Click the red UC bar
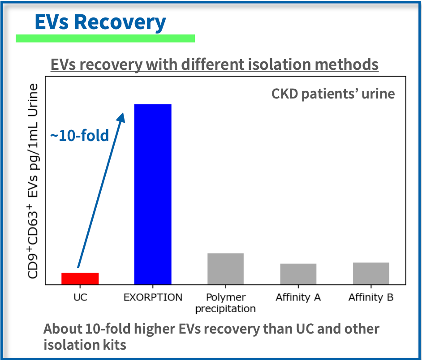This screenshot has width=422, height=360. pyautogui.click(x=80, y=279)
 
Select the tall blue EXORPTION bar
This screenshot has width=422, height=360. pyautogui.click(x=153, y=194)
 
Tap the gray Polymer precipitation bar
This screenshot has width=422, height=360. pyautogui.click(x=225, y=269)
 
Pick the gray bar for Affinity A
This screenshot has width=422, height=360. pyautogui.click(x=298, y=274)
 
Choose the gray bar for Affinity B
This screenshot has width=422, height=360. pyautogui.click(x=371, y=274)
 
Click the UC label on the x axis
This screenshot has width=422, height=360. pyautogui.click(x=80, y=297)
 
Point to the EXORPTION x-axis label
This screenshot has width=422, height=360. pyautogui.click(x=153, y=297)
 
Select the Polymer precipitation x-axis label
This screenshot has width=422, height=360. pyautogui.click(x=225, y=303)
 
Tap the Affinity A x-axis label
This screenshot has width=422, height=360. pyautogui.click(x=298, y=297)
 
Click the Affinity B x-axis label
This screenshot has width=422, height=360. pyautogui.click(x=371, y=297)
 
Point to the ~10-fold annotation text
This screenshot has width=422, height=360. pyautogui.click(x=80, y=135)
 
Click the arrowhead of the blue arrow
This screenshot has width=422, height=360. pyautogui.click(x=121, y=118)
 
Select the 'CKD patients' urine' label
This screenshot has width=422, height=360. pyautogui.click(x=333, y=94)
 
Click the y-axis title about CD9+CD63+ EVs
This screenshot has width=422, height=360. pyautogui.click(x=33, y=181)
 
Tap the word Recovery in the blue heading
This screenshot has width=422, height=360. pyautogui.click(x=120, y=22)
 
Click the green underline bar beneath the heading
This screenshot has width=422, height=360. pyautogui.click(x=105, y=38)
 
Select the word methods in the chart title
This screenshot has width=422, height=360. pyautogui.click(x=347, y=64)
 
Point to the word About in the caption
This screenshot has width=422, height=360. pyautogui.click(x=63, y=329)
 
